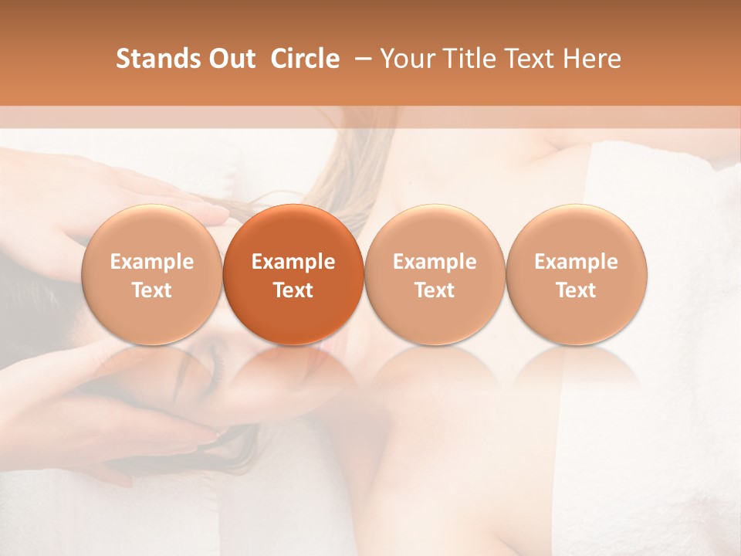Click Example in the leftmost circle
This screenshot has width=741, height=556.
(152, 262)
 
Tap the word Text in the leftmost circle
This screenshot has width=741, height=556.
(152, 290)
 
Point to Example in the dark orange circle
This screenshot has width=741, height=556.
(293, 262)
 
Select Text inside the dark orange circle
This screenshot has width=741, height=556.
(293, 290)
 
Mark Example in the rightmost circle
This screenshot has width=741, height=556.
(577, 262)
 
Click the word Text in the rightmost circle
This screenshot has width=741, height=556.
(577, 290)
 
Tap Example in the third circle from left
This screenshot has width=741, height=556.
(435, 262)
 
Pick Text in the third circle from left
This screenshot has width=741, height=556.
(435, 290)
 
